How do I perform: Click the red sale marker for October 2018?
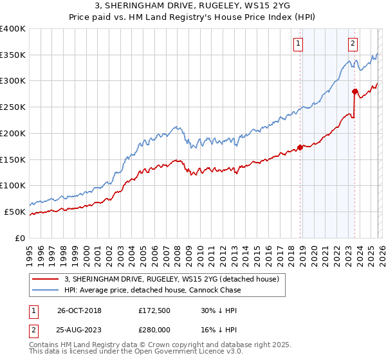[300, 147]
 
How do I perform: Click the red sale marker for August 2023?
[354, 91]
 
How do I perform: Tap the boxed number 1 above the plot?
[299, 44]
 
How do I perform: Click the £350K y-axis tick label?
[13, 55]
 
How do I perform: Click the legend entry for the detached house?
[171, 279]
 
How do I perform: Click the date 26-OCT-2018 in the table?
[79, 310]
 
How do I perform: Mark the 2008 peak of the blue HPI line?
[177, 125]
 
